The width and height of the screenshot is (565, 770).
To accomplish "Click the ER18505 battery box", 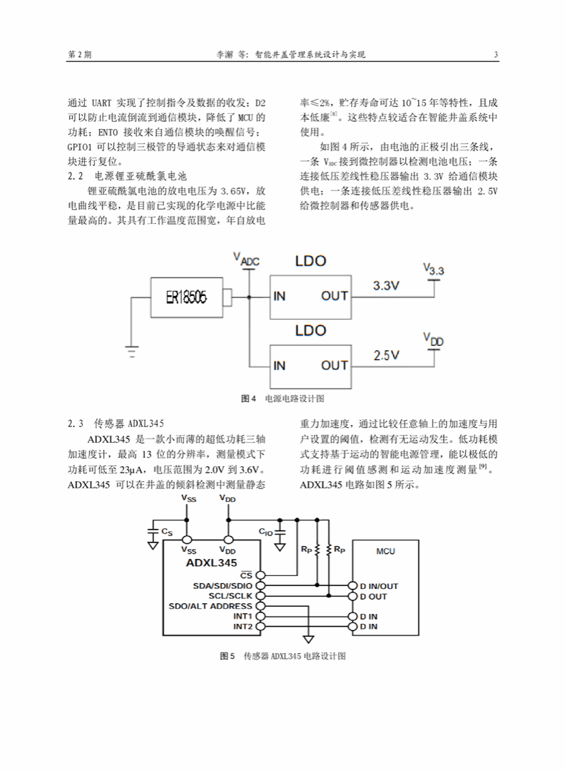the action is (x=187, y=297).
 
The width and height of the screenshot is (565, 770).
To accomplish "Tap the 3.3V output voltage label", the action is (x=386, y=285).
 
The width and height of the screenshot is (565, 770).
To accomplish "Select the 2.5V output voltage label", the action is (x=386, y=355).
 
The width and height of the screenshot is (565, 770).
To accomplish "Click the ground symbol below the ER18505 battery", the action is (x=132, y=351).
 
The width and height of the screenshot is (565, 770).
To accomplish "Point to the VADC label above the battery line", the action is (x=246, y=259).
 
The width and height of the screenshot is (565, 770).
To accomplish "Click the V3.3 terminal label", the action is (x=433, y=269).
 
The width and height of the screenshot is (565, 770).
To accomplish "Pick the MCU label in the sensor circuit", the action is (x=386, y=551).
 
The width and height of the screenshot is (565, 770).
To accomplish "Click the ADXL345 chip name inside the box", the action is (x=211, y=563).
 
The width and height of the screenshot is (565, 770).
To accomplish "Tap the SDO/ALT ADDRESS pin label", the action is (x=210, y=606).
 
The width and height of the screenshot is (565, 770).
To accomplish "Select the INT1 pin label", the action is (x=243, y=616).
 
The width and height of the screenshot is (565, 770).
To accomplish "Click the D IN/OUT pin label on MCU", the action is (x=379, y=586).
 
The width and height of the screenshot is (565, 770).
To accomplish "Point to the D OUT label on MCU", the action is (x=373, y=596).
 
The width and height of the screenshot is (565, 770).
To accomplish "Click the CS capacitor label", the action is (x=167, y=532).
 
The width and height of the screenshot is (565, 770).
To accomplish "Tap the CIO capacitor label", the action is (x=265, y=532).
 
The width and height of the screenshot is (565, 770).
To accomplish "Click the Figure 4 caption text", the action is (x=282, y=399).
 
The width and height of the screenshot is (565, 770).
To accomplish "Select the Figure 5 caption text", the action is (x=282, y=656).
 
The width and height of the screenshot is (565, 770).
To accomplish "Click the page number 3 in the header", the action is (x=497, y=54).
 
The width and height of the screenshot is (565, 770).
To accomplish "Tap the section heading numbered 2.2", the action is (x=127, y=176).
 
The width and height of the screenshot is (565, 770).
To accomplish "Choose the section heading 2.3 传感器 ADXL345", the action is (x=116, y=423).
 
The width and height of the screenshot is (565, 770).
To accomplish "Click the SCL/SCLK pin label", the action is (x=230, y=595).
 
